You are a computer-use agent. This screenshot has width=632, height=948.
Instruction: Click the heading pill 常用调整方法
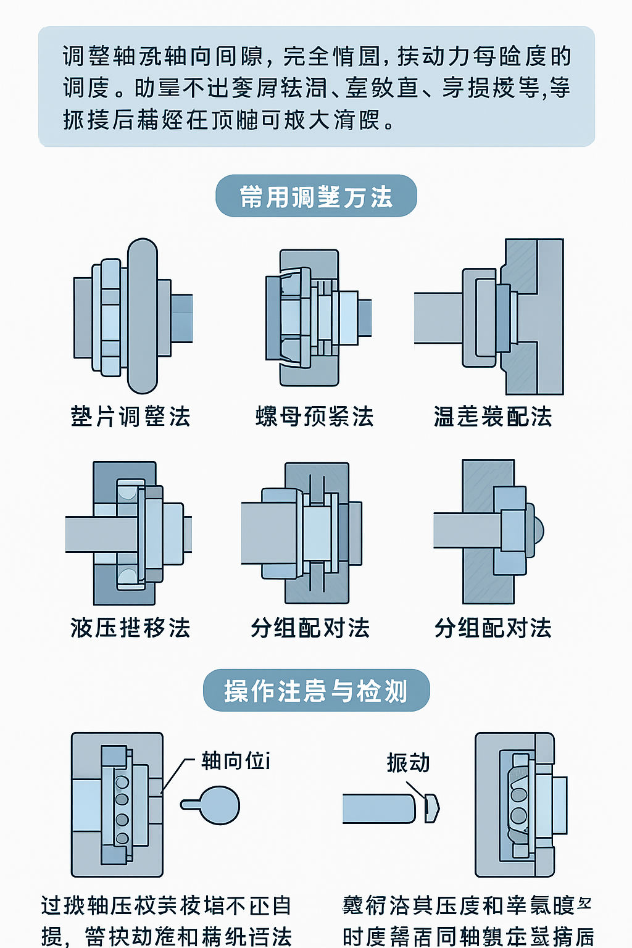point(316,196)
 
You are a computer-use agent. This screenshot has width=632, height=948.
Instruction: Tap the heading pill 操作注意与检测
point(316,690)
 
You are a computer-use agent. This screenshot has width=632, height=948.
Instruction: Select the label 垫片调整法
point(130,417)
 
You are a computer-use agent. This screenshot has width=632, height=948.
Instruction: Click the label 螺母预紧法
point(315,417)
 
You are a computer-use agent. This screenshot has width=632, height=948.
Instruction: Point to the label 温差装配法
point(493,417)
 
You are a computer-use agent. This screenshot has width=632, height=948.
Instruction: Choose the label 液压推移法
point(130,628)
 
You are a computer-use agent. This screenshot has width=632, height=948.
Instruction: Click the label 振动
point(408,763)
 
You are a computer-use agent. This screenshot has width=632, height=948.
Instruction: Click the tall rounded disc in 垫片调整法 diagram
point(143,316)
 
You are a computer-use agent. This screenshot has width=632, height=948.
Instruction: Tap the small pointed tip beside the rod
point(432,809)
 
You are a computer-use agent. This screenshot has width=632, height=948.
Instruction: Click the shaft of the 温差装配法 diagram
point(438,318)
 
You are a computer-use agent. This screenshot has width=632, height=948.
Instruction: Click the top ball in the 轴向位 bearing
point(122,782)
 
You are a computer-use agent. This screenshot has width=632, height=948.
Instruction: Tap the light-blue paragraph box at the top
point(316,86)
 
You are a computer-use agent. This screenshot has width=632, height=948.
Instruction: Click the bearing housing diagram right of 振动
point(518,805)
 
